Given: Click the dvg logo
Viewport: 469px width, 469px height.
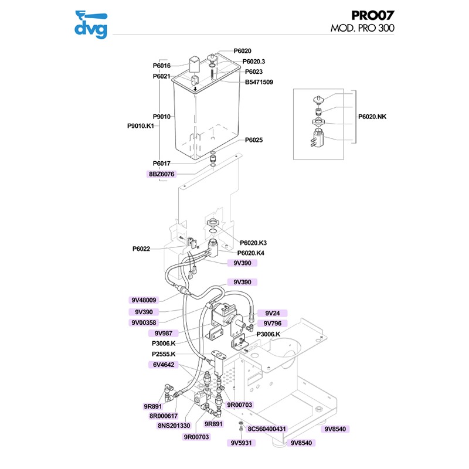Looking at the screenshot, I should [x=91, y=25].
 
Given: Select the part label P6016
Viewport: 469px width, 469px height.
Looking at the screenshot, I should [x=161, y=66].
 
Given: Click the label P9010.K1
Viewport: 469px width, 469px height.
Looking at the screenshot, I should [x=140, y=125].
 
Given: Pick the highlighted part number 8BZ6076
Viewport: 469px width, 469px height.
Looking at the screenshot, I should [x=161, y=174].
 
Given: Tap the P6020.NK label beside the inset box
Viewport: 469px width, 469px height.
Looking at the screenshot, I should [x=373, y=117].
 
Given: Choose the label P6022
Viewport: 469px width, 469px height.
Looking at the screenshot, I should [x=141, y=249].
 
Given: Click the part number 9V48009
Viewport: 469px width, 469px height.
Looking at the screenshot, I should [x=144, y=300].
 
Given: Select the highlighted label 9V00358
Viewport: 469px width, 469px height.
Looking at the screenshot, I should [x=144, y=322].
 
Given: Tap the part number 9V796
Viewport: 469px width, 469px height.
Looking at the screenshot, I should [x=273, y=323].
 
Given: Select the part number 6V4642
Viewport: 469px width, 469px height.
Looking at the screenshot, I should [x=164, y=364].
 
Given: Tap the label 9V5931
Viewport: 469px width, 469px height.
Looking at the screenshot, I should [x=240, y=443].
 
